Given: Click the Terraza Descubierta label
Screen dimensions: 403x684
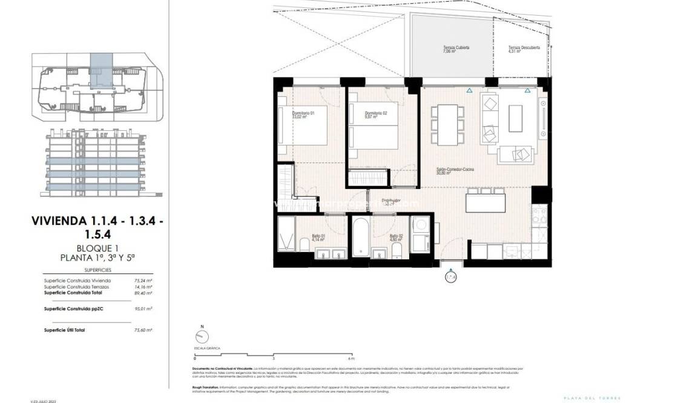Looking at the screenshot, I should coord(524,48).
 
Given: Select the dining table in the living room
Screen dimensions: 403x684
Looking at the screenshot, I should coord(447,124).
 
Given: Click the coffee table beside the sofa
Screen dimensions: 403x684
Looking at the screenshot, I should coord(515,118).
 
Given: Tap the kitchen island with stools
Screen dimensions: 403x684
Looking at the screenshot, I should coord(485,201).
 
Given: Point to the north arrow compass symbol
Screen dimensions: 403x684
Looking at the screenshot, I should coord(202,338).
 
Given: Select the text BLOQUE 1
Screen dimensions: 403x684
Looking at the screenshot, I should coord(97,248).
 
